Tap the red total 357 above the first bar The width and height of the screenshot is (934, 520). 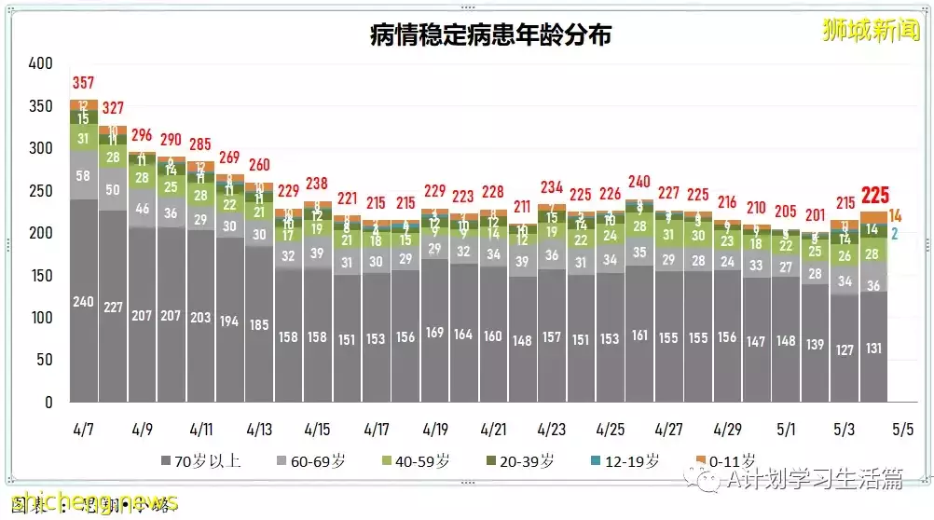[84, 84]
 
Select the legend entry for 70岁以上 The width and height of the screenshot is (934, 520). [200, 460]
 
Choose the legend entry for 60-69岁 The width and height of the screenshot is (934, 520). [312, 460]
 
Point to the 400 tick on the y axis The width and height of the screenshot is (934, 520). [40, 63]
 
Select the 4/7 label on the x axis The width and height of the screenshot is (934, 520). [84, 430]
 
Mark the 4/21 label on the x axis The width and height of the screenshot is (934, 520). [492, 430]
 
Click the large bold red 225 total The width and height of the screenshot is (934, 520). [874, 196]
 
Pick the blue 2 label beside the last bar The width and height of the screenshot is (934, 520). [894, 233]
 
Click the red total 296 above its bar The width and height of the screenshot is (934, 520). [142, 134]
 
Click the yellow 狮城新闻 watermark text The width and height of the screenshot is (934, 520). [871, 29]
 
